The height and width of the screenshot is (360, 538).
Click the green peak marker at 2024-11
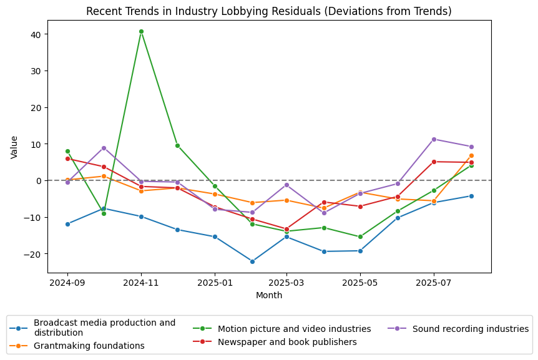pyautogui.click(x=141, y=31)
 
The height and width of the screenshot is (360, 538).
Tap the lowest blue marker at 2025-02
pyautogui.click(x=252, y=261)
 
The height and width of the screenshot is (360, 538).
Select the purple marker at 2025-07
pyautogui.click(x=434, y=139)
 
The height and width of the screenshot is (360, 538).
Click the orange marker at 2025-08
pyautogui.click(x=471, y=155)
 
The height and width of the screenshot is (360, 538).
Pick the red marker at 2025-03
pyautogui.click(x=287, y=229)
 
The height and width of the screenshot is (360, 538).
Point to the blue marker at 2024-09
pyautogui.click(x=67, y=224)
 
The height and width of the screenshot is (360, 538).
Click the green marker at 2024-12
pyautogui.click(x=177, y=145)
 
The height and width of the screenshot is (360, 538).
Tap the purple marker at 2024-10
pyautogui.click(x=104, y=148)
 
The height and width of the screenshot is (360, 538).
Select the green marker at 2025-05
pyautogui.click(x=360, y=237)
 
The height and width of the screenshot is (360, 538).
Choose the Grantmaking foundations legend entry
pyautogui.click(x=89, y=346)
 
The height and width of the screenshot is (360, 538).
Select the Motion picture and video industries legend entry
pyautogui.click(x=295, y=329)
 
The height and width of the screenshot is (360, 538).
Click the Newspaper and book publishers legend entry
pyautogui.click(x=287, y=342)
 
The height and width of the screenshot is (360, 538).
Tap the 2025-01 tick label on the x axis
pyautogui.click(x=215, y=282)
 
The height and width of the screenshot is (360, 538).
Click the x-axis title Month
pyautogui.click(x=269, y=295)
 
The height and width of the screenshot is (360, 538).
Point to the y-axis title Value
pyautogui.click(x=14, y=147)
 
